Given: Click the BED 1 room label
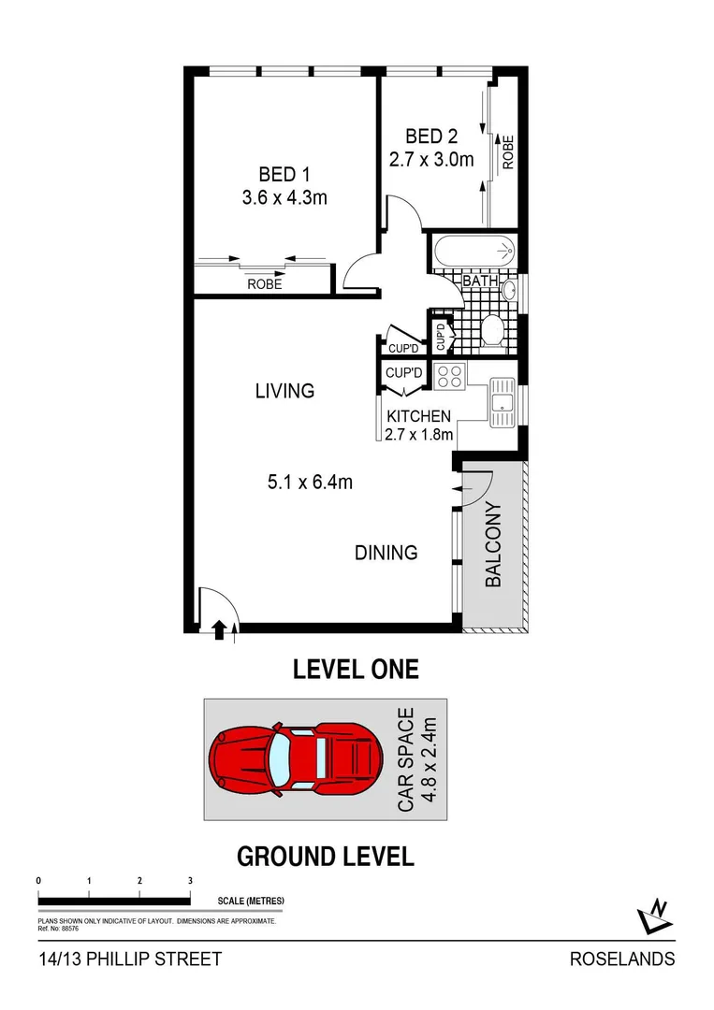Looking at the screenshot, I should point(284,174).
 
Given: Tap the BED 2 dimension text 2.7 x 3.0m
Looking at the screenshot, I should point(431,159).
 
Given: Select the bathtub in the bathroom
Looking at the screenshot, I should point(474,251).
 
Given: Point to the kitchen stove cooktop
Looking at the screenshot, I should point(450,376).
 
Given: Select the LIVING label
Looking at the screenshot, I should point(284,391).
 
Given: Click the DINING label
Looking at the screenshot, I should point(386,553).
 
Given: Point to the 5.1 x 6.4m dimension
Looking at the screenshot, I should point(310,483).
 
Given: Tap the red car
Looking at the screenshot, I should point(296,758).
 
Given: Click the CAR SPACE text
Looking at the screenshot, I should point(406,759).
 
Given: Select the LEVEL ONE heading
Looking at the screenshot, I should point(356,670).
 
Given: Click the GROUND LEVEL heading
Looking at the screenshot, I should point(325,856).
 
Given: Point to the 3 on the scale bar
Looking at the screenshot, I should point(190,881).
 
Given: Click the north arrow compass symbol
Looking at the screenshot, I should point(655,916).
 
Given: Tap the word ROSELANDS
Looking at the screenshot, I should point(622,959).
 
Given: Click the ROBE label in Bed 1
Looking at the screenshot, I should point(265,284).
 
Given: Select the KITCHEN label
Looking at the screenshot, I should point(419,416).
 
